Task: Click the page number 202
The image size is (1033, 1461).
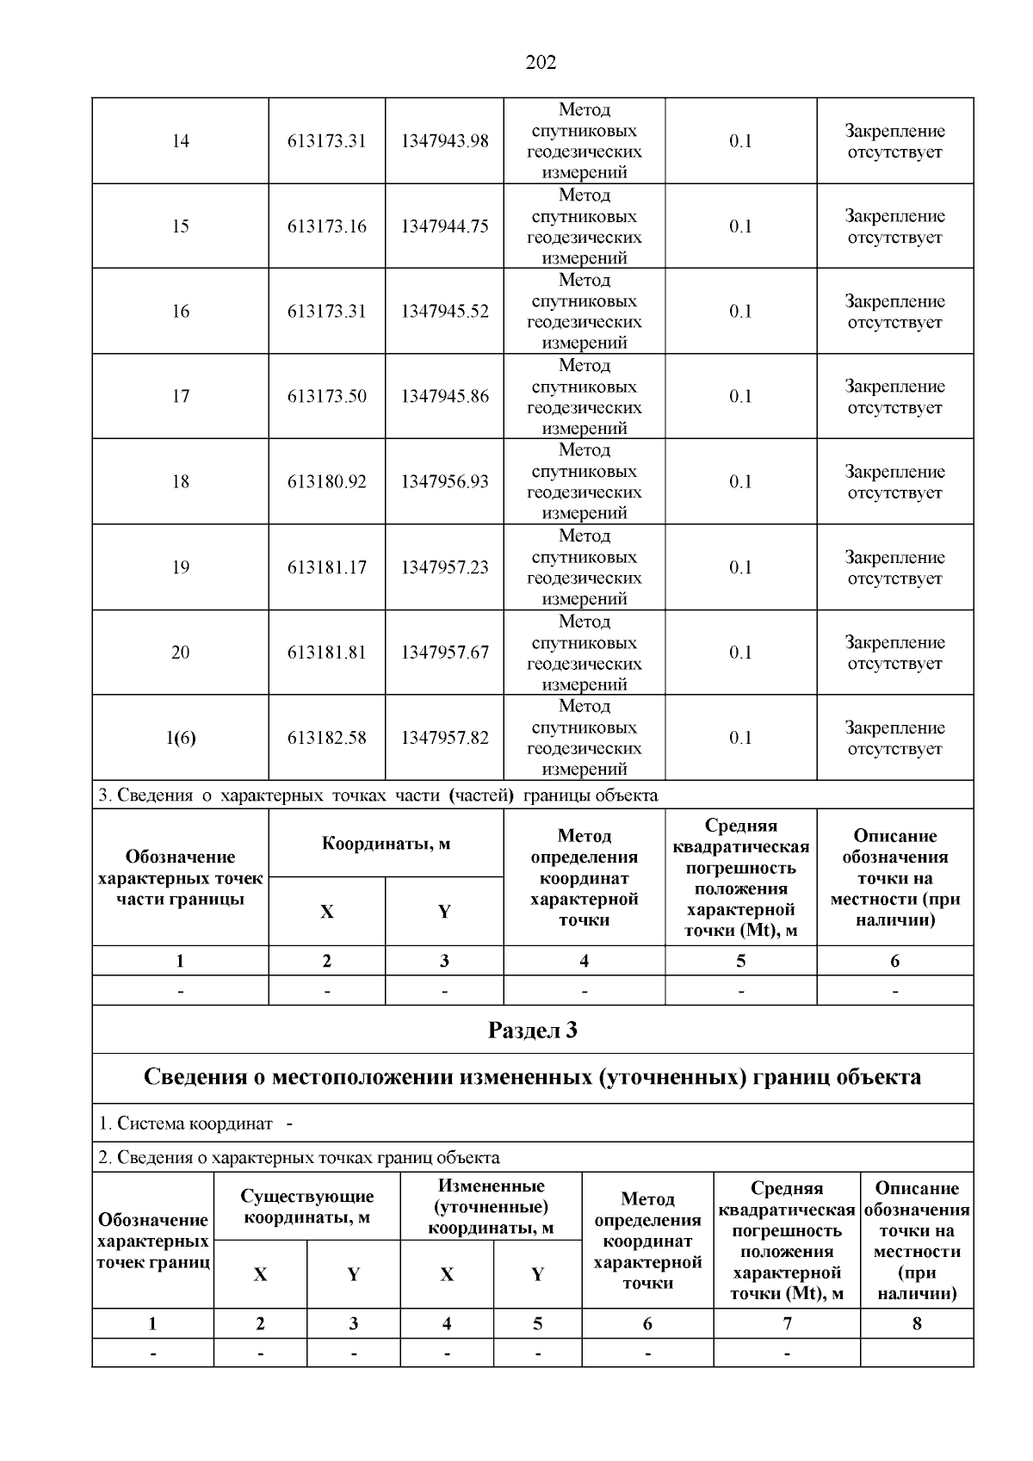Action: click(x=541, y=62)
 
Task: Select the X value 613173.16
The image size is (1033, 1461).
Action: click(x=326, y=226)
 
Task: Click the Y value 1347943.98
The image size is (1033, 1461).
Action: click(x=444, y=141)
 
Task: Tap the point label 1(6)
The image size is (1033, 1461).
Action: click(x=180, y=738)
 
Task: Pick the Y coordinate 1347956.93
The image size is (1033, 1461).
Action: click(x=444, y=482)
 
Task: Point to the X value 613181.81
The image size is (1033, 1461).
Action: click(x=326, y=653)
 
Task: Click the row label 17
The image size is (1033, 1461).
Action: click(x=180, y=397)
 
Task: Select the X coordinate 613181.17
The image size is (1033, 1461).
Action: click(x=326, y=567)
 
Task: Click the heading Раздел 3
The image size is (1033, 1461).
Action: click(x=532, y=1030)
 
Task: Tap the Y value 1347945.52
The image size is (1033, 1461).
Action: click(x=444, y=312)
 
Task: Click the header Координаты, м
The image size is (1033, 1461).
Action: click(x=386, y=844)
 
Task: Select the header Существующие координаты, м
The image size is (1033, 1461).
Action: click(x=307, y=1206)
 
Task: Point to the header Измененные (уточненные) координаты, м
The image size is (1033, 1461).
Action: click(x=491, y=1206)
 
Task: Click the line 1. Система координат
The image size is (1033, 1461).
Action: click(x=186, y=1124)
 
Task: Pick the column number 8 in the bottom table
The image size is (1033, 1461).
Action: click(x=916, y=1324)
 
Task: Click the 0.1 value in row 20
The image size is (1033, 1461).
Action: click(x=740, y=653)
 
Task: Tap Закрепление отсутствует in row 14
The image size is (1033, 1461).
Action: click(x=894, y=141)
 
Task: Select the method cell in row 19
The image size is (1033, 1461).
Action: click(x=584, y=567)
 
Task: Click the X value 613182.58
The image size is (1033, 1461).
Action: click(x=326, y=738)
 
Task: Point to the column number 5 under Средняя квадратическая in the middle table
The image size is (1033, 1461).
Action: click(x=740, y=961)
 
